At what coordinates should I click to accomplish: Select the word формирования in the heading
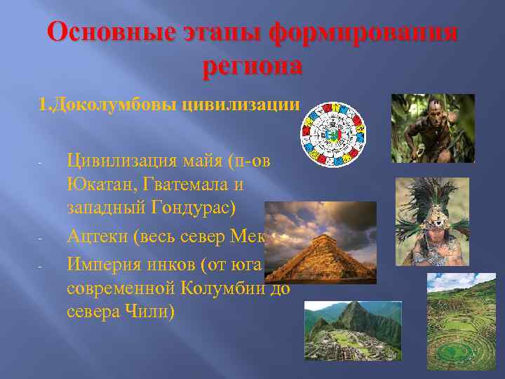364,34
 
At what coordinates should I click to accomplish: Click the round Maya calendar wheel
332,134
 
